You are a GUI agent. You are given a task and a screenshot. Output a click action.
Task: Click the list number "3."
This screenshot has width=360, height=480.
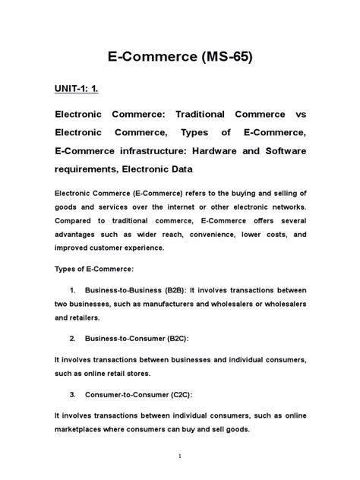[72, 395]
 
